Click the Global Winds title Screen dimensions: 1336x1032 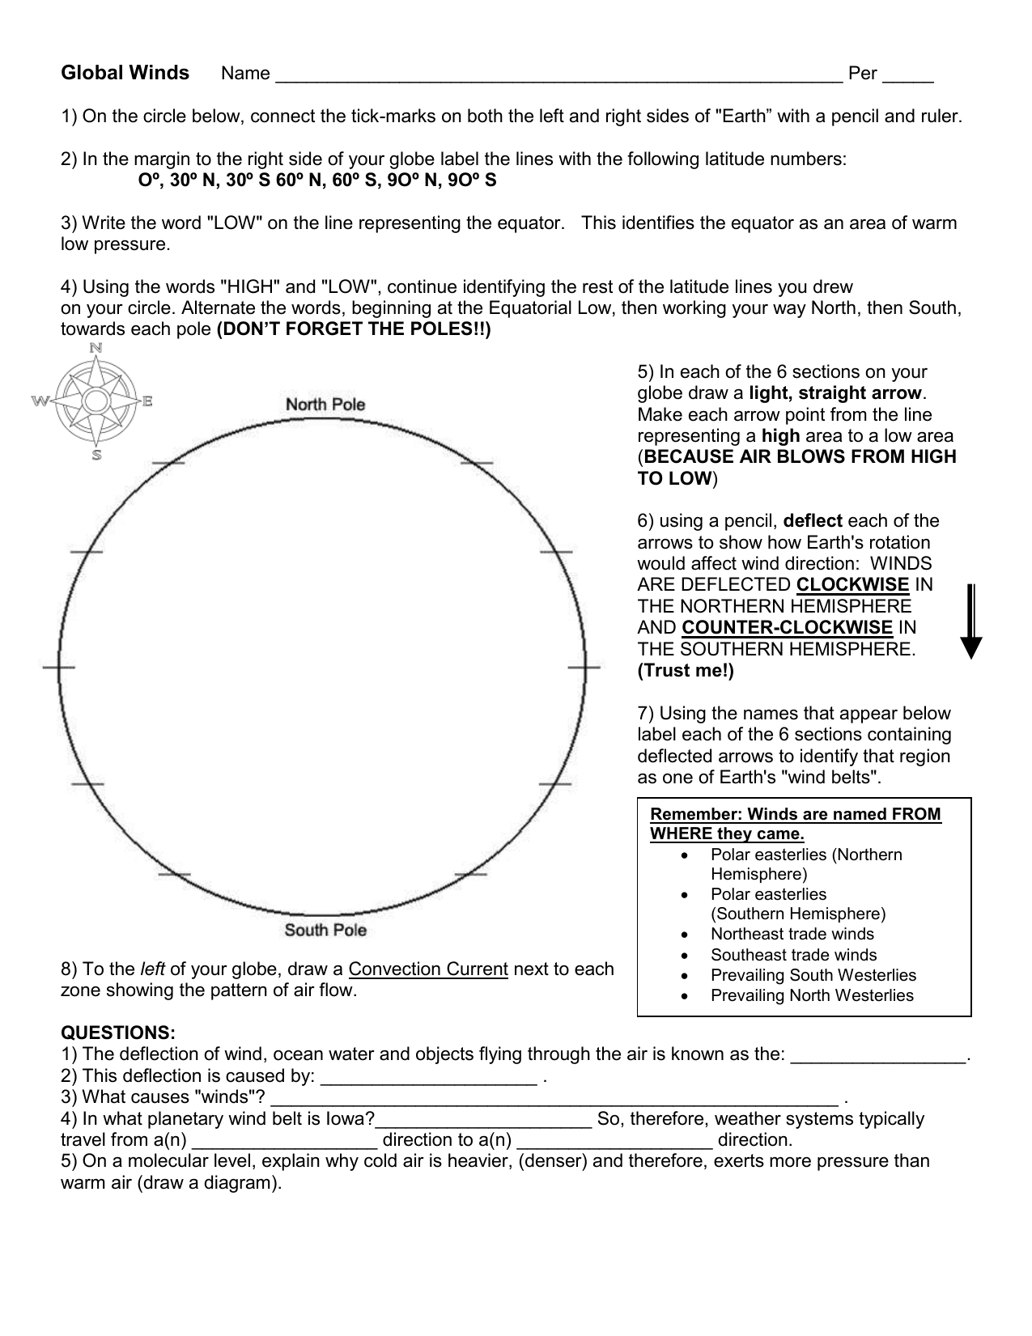tap(125, 74)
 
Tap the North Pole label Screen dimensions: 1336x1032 tap(325, 404)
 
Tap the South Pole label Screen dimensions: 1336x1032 tap(325, 930)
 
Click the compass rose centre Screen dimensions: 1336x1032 tap(96, 401)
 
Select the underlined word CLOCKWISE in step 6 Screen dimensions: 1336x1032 tap(852, 585)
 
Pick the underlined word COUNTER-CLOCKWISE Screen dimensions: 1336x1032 tap(787, 628)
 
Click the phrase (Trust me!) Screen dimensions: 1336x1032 tap(686, 671)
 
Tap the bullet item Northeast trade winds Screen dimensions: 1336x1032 tap(792, 934)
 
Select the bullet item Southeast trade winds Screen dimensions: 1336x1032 tap(793, 955)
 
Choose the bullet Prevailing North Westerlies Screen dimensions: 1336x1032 tap(812, 996)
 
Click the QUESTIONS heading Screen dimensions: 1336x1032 tap(118, 1033)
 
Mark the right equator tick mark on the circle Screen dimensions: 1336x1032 tap(584, 668)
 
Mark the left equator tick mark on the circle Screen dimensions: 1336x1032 tap(58, 668)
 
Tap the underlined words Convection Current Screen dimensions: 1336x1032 tap(428, 969)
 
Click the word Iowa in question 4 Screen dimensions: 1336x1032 tap(357, 1119)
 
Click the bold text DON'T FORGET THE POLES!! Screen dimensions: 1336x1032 tap(354, 329)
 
